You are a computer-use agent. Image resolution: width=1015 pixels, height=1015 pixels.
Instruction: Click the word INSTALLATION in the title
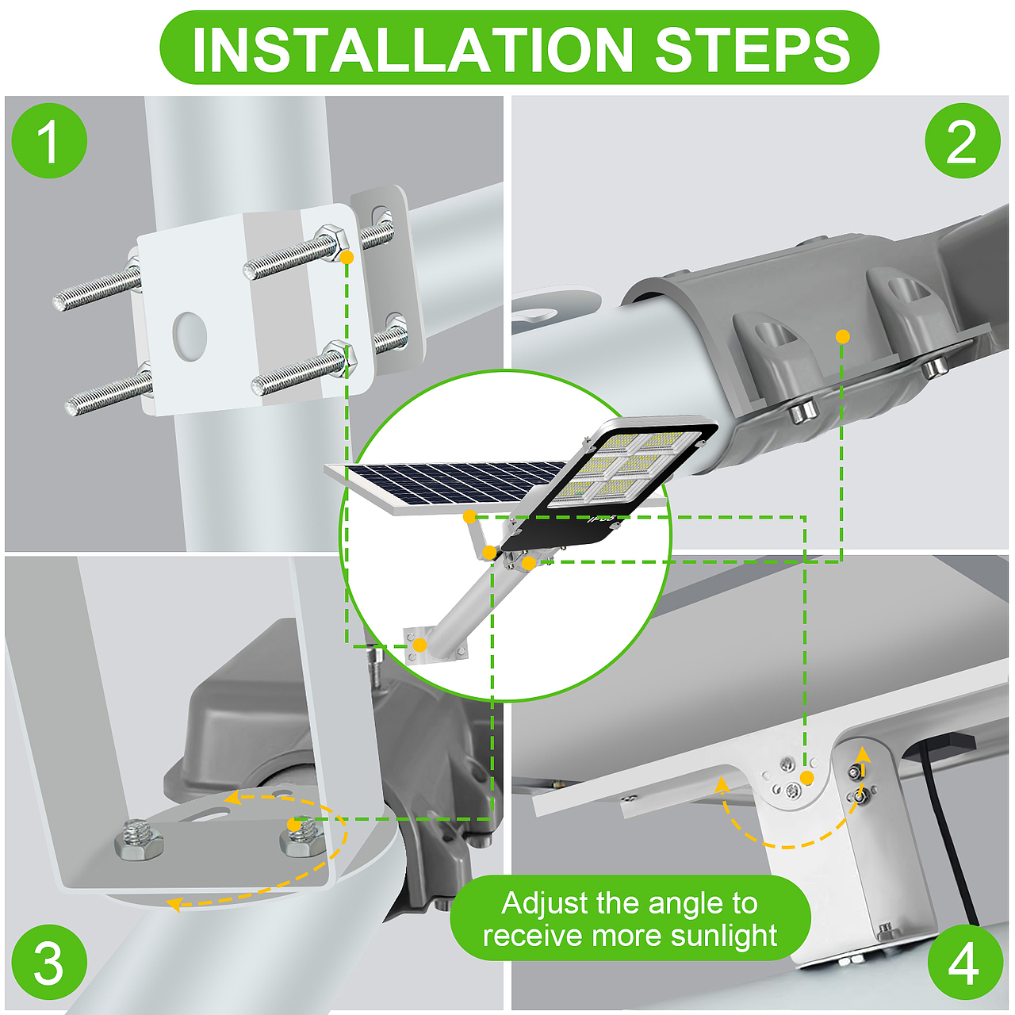[x=412, y=49]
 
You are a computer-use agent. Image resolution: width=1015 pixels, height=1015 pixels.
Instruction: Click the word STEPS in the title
[x=753, y=49]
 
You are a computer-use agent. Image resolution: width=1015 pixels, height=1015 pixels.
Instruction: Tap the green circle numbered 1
[x=49, y=141]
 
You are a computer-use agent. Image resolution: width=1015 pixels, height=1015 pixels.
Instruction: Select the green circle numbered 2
[x=963, y=141]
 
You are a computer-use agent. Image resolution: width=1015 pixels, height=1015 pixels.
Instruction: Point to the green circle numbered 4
[x=964, y=963]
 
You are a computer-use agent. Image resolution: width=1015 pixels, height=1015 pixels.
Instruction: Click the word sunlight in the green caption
[x=724, y=935]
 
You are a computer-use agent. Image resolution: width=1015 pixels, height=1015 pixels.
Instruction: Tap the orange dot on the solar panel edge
[x=469, y=517]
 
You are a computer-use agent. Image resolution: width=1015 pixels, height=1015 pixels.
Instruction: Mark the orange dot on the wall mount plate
[x=419, y=645]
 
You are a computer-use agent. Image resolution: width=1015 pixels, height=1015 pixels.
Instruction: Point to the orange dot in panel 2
[x=843, y=336]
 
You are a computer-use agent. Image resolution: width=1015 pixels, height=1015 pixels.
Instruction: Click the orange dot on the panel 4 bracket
[x=806, y=778]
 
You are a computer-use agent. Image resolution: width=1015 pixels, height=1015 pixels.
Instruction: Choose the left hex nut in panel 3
[x=139, y=842]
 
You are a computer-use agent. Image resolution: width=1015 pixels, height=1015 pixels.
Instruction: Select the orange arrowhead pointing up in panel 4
[x=863, y=754]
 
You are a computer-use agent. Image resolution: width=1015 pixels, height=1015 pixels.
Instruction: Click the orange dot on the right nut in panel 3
[x=294, y=825]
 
